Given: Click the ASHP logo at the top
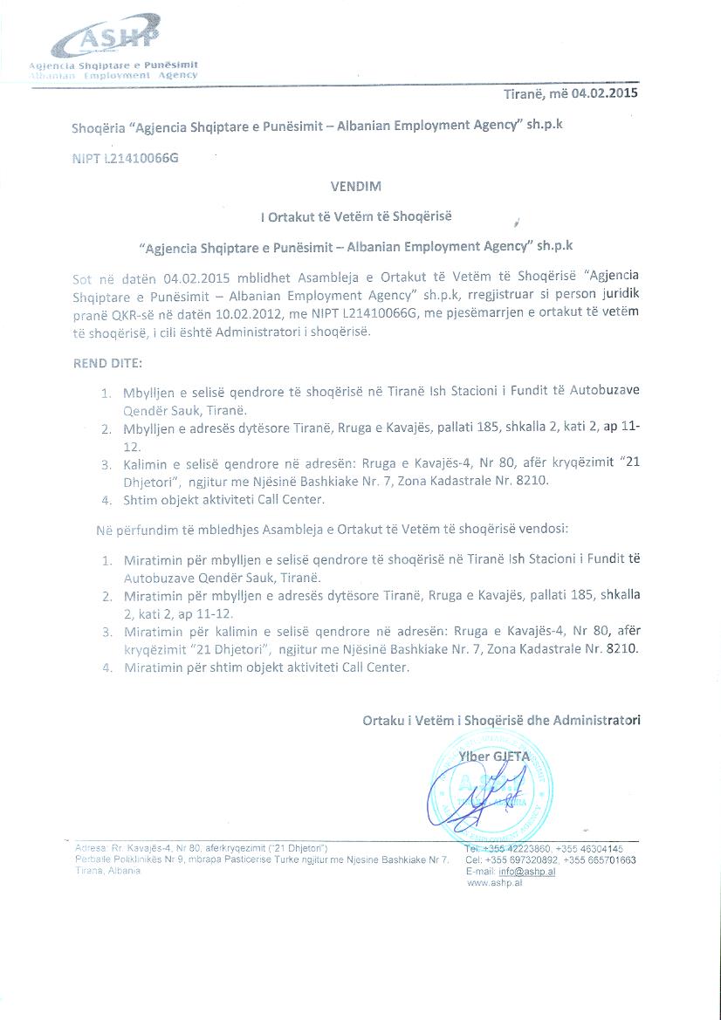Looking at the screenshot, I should click(x=106, y=40).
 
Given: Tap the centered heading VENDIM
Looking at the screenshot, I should click(x=356, y=186).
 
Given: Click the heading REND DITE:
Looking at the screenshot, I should click(x=108, y=361).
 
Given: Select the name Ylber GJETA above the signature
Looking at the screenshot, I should click(x=494, y=756).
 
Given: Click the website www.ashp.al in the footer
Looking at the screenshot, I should click(x=495, y=883).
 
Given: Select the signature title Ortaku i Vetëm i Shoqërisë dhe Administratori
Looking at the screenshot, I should click(x=501, y=720).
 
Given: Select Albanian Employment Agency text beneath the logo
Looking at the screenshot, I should click(x=114, y=75).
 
